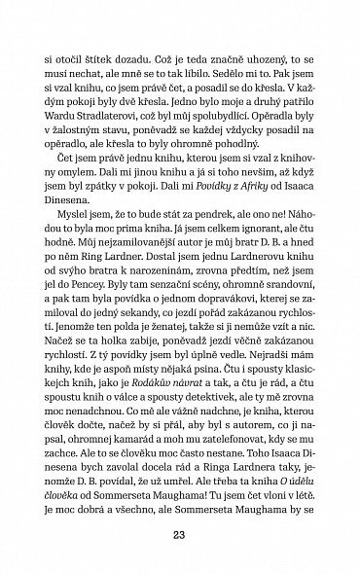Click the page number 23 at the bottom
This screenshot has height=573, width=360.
coord(180,533)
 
